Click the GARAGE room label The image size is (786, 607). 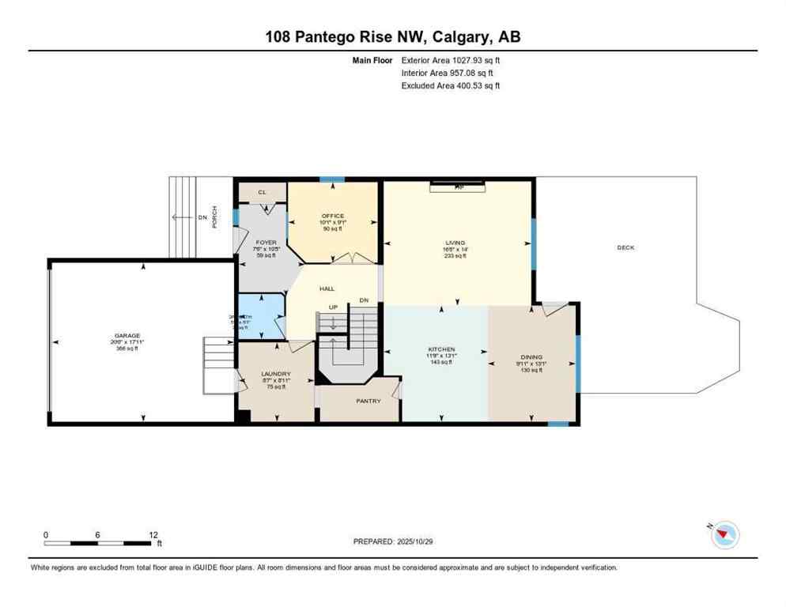click(x=127, y=335)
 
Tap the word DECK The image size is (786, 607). click(x=625, y=247)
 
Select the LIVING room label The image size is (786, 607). click(x=455, y=243)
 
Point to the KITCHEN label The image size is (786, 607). click(x=441, y=349)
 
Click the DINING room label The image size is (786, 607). click(x=531, y=357)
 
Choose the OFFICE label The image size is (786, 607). click(x=332, y=216)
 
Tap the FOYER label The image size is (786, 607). click(x=263, y=243)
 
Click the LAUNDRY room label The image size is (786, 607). click(x=277, y=373)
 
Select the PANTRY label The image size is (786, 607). click(x=368, y=401)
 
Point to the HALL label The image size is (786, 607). click(x=327, y=289)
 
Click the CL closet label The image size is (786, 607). click(x=261, y=192)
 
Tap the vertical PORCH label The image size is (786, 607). click(x=214, y=217)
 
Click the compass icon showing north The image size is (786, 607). click(x=724, y=535)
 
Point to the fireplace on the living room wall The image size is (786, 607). click(x=459, y=187)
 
